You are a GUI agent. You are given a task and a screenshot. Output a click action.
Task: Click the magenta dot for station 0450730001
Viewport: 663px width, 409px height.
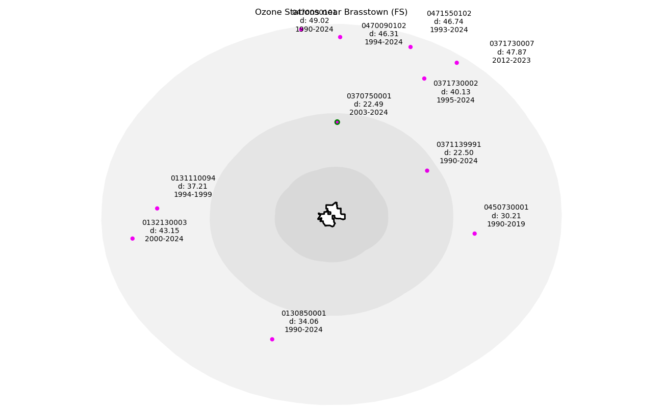click(474, 234)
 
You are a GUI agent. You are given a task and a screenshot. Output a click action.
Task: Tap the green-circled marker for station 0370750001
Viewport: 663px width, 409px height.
click(337, 122)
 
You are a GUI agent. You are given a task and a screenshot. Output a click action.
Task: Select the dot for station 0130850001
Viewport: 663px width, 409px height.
click(272, 339)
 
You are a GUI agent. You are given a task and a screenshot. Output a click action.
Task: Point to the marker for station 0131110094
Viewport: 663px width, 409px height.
click(157, 209)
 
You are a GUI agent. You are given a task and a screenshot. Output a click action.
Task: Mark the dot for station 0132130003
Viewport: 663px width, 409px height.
click(133, 239)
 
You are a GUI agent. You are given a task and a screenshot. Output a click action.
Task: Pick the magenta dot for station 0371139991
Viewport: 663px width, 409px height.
click(427, 171)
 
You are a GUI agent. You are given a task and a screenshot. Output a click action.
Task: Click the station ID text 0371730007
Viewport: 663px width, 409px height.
click(512, 44)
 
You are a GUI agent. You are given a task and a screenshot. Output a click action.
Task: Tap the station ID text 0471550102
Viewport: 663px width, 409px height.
click(449, 14)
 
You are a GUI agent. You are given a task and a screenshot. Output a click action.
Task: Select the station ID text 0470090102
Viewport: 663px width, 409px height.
click(384, 26)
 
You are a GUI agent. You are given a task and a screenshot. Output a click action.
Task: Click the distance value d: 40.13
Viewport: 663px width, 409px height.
click(455, 92)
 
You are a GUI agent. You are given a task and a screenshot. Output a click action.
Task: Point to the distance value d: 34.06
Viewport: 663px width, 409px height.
click(303, 321)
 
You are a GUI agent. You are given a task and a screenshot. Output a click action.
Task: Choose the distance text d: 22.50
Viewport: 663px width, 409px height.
click(458, 153)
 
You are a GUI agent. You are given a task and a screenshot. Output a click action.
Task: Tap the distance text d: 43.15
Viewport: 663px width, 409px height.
click(164, 231)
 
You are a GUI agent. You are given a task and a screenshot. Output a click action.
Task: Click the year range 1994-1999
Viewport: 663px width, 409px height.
click(193, 195)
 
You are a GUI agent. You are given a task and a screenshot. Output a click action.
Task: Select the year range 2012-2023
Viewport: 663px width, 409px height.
click(512, 60)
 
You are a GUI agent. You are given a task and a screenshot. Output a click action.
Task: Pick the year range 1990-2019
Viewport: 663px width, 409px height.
click(506, 224)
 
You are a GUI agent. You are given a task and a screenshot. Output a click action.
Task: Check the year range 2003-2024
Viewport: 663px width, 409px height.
click(369, 112)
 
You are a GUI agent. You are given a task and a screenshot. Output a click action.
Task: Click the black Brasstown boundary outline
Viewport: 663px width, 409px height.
click(326, 207)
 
